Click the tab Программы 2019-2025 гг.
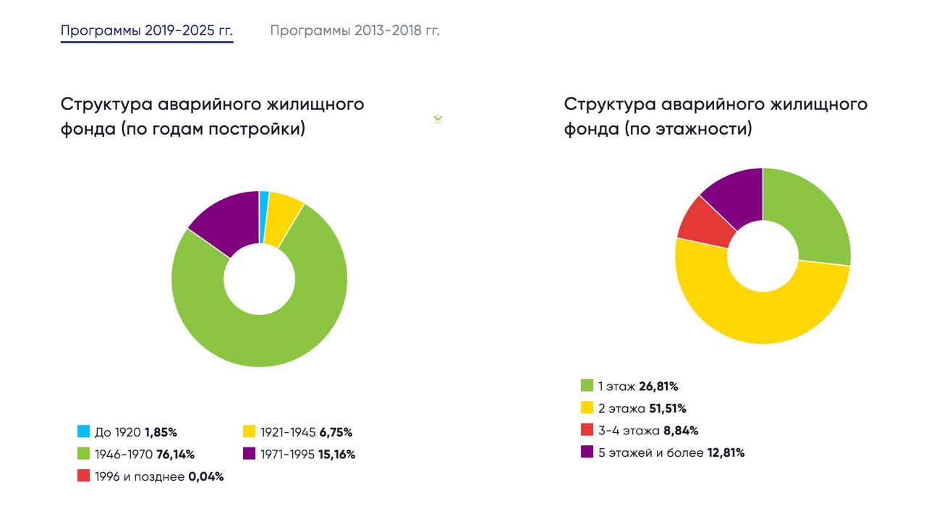point(146,30)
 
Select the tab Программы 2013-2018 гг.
point(354,30)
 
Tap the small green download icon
point(438,119)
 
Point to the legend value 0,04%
point(206,477)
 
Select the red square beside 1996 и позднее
point(84,476)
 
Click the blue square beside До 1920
point(84,432)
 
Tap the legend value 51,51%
point(668,408)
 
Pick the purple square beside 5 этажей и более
point(587,452)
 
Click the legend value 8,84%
point(681,431)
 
